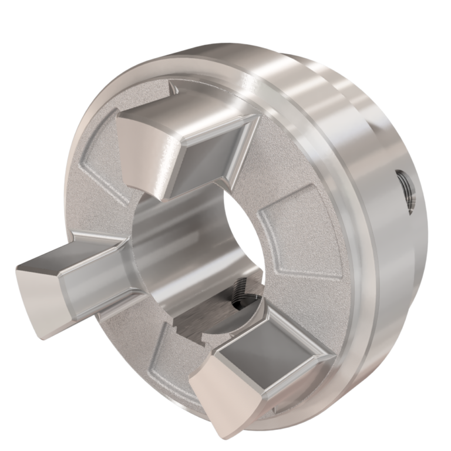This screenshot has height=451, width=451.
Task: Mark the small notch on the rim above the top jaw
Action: tap(174, 89)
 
